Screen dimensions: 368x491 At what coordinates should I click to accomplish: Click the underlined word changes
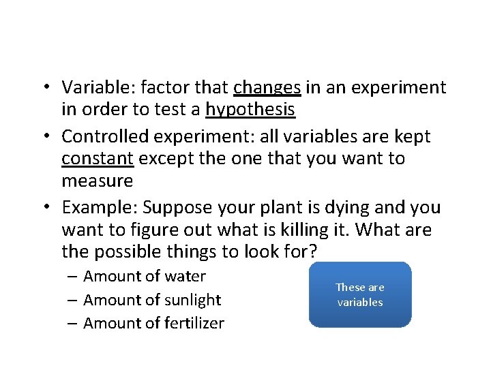tap(267, 88)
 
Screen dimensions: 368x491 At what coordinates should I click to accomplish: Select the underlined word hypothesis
tap(250, 110)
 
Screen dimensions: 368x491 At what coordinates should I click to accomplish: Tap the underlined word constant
tap(97, 159)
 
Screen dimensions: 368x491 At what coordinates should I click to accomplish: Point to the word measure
tap(97, 181)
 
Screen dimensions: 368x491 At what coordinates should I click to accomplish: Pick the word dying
tap(354, 207)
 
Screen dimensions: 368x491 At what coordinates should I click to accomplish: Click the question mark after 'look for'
tap(312, 251)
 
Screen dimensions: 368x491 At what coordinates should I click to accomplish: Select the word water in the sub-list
tap(184, 277)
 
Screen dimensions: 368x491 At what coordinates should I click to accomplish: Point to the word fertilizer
tap(194, 324)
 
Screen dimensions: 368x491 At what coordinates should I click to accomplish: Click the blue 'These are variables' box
tap(360, 294)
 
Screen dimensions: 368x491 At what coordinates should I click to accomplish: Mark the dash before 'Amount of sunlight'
tap(72, 300)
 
